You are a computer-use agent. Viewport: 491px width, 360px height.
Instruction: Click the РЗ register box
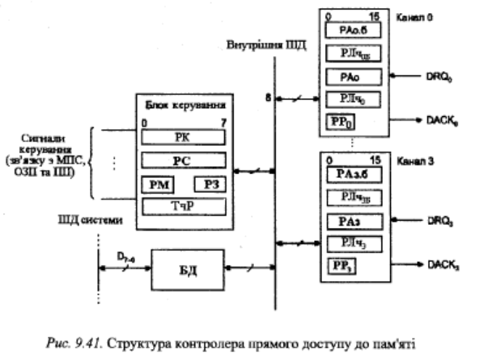pyautogui.click(x=210, y=185)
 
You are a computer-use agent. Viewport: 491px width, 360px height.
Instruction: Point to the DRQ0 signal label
pyautogui.click(x=442, y=75)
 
